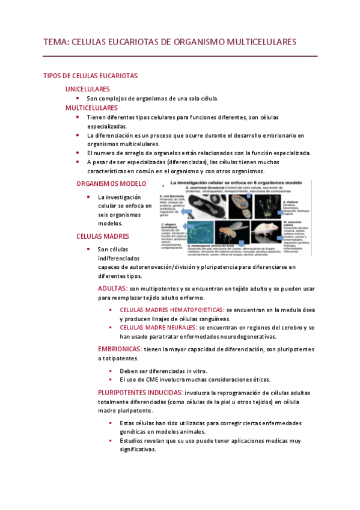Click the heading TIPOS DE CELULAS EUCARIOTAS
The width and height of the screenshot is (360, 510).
(91, 76)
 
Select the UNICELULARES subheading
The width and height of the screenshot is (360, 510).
(88, 88)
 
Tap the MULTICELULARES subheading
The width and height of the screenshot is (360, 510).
(91, 108)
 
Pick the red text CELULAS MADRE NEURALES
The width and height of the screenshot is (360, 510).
(158, 327)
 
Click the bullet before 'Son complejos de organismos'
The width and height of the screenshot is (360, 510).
(78, 98)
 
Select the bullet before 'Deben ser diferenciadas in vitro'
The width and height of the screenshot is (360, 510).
(111, 371)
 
